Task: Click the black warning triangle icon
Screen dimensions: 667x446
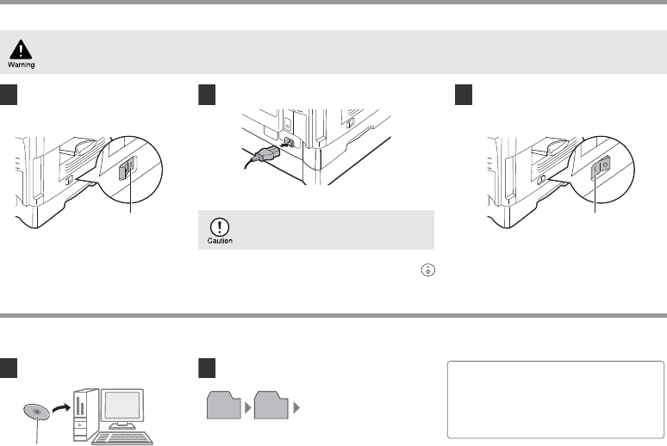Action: [x=21, y=49]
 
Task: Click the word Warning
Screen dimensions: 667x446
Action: [x=22, y=65]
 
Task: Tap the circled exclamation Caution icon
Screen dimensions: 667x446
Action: [x=220, y=227]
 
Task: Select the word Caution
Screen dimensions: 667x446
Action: [x=220, y=240]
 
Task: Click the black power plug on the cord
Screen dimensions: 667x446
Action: [x=266, y=152]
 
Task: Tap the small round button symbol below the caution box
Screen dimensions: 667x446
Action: [x=428, y=270]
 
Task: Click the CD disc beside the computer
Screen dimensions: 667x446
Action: [x=36, y=412]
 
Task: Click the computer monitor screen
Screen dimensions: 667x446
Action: [x=122, y=405]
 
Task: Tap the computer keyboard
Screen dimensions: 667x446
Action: [x=122, y=438]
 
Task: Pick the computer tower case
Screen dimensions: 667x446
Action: [x=86, y=414]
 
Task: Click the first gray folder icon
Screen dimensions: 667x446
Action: [x=224, y=406]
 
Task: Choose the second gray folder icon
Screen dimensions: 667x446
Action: [x=271, y=406]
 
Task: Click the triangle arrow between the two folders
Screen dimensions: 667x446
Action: [x=248, y=408]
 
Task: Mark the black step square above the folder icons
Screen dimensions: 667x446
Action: [x=207, y=368]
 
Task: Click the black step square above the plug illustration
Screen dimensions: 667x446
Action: [x=207, y=95]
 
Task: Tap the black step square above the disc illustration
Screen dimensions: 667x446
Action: [x=9, y=368]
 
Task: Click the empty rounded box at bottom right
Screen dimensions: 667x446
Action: [x=556, y=400]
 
